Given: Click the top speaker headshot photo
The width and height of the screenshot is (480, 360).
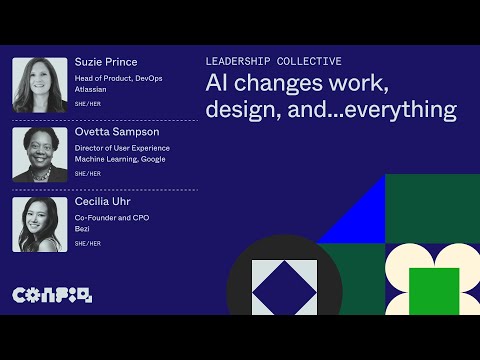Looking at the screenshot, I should [x=40, y=85].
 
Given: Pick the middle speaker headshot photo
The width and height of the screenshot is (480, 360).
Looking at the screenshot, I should [x=40, y=154].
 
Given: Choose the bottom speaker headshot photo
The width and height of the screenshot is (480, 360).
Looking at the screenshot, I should [x=40, y=224].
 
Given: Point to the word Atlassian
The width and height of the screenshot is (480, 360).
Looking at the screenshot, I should [x=91, y=89].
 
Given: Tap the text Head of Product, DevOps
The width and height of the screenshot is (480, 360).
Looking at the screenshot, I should [x=117, y=77].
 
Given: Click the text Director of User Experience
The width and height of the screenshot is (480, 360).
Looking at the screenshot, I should [x=122, y=147].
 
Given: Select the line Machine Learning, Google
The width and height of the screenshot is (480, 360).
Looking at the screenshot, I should [x=120, y=159].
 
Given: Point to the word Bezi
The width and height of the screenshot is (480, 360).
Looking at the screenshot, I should [x=82, y=228].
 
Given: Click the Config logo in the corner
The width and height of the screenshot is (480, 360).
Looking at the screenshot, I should [x=51, y=295].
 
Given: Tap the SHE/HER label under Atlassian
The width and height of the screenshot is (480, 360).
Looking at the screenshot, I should [x=87, y=104].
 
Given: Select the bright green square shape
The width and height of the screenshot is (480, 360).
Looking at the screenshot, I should [x=434, y=290].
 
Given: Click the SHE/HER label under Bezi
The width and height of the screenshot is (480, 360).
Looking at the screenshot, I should [x=87, y=243].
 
